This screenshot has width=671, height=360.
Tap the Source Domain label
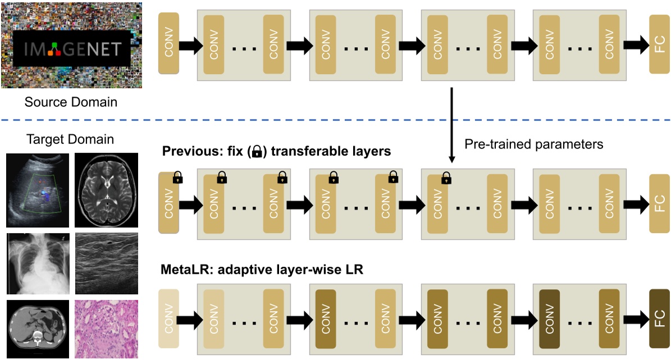coord(71,102)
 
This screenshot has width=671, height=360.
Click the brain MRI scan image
coord(107,190)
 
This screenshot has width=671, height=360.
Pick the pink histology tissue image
coord(107,329)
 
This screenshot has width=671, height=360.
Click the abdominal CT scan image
coord(38,329)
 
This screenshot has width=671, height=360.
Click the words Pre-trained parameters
coord(533,144)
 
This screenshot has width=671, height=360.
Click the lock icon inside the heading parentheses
coord(257,152)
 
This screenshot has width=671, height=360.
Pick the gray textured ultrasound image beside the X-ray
coord(107,263)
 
